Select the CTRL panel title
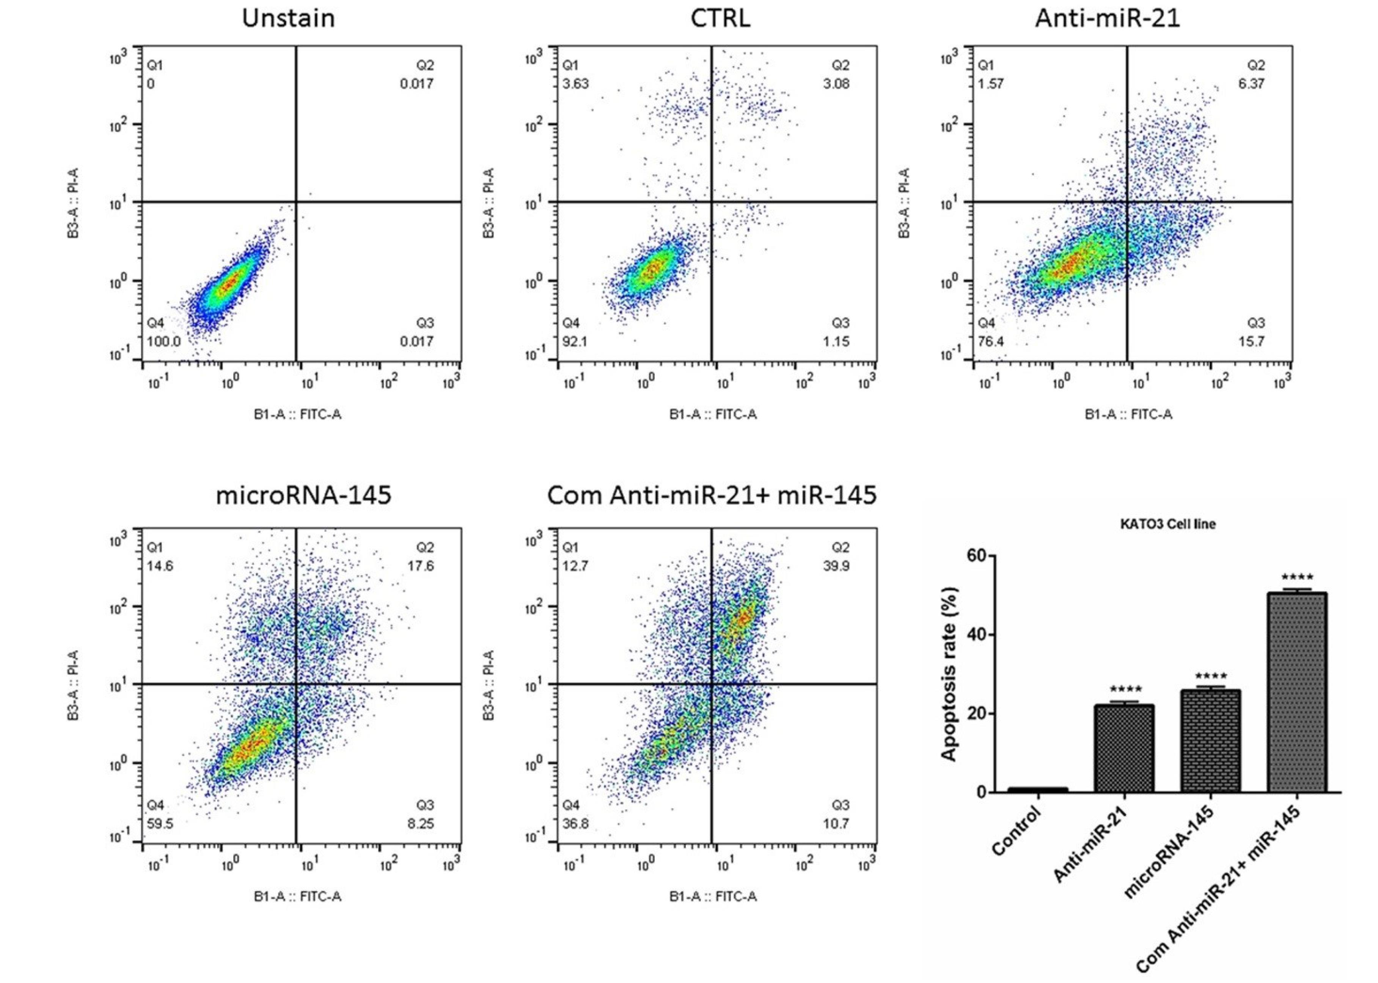[720, 18]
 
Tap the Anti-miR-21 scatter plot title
[1107, 18]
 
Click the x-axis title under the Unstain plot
[297, 414]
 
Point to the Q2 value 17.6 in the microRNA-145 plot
[421, 566]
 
